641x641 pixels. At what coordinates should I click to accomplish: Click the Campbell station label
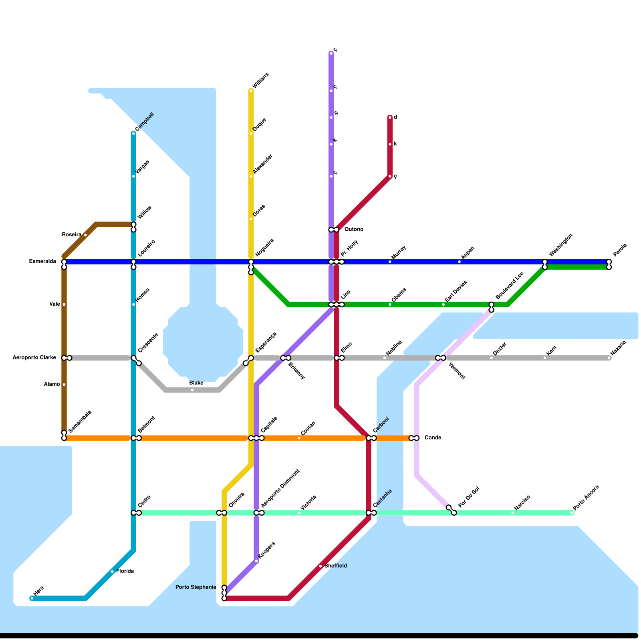coord(145,122)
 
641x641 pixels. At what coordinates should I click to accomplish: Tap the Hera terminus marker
coord(32,599)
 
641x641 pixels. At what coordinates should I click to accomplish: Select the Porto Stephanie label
coord(196,587)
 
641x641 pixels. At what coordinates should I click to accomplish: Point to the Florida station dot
coord(112,572)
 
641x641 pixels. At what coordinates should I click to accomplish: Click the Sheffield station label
coord(336,566)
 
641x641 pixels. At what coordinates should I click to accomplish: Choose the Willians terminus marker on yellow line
coord(251,91)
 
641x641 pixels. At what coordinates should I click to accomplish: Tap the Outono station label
coord(354,230)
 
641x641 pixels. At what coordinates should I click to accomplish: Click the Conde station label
coord(433,437)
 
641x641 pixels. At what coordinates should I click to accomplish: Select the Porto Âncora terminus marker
coord(572,513)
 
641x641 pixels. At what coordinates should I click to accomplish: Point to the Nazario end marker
coord(609,358)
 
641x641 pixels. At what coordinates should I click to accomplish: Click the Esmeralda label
coord(42,262)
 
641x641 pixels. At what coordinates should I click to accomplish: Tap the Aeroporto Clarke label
coord(34,357)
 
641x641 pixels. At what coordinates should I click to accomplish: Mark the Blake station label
coord(196,383)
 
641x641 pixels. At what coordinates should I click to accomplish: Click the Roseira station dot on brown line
coord(85,235)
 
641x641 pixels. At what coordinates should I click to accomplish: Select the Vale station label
coord(55,304)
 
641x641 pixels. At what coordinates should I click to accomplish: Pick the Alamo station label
coord(52,384)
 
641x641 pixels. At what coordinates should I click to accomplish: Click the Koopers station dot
coord(256,561)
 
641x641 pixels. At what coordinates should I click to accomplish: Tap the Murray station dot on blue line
coord(390,262)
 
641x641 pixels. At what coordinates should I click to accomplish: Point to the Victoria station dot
coord(299,513)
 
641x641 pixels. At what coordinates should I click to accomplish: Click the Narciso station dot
coord(513,513)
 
